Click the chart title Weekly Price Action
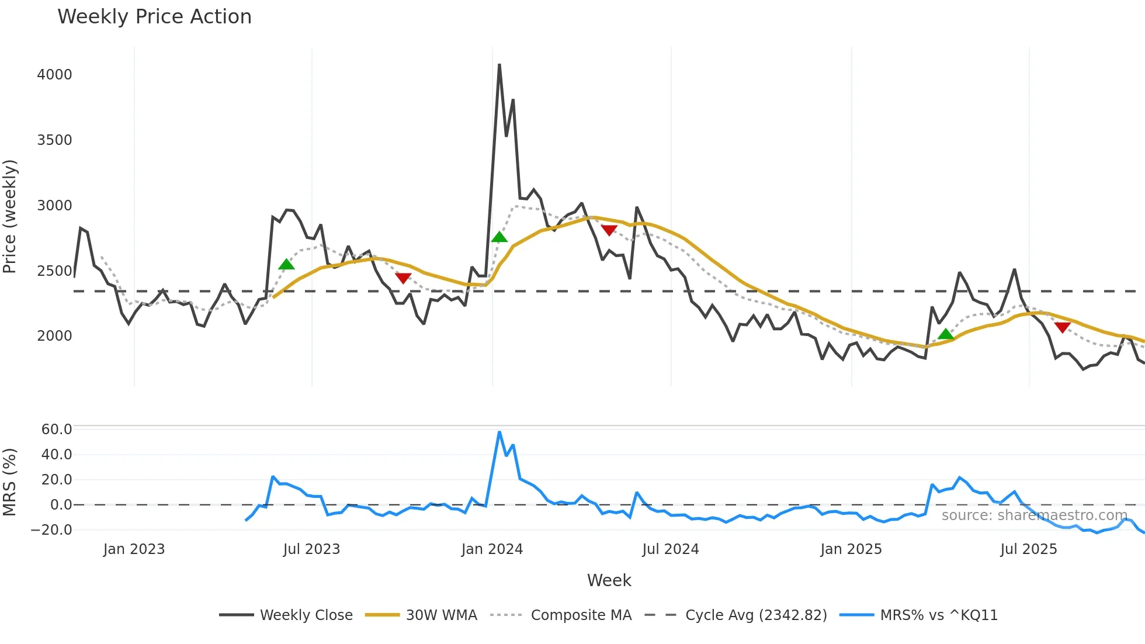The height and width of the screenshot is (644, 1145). point(154,17)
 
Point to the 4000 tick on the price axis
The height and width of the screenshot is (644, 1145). point(54,75)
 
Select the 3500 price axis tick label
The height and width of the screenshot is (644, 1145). point(54,140)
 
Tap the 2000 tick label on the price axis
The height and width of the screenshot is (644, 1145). point(54,336)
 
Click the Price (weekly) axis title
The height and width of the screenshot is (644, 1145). point(10,216)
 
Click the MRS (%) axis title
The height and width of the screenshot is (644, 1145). point(10,482)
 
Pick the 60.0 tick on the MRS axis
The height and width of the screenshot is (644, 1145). point(56,430)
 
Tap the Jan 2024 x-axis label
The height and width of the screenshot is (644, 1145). point(492,549)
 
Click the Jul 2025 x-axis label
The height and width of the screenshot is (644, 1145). point(1028,549)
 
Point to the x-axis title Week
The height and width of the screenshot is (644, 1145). point(609,580)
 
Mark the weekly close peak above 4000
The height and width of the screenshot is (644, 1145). point(499,65)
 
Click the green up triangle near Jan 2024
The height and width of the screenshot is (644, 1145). point(499,237)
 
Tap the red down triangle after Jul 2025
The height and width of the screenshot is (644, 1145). point(1062,327)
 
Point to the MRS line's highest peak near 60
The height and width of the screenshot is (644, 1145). point(499,432)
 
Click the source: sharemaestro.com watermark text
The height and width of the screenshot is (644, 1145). point(1034,515)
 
